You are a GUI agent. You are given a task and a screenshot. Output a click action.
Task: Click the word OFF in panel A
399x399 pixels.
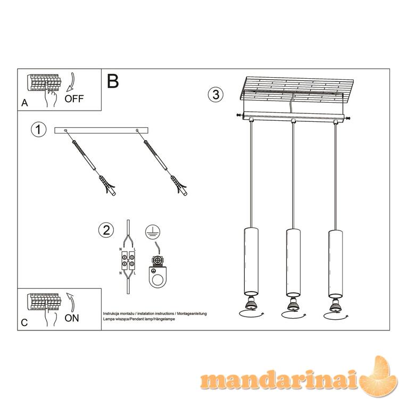(x=74, y=98)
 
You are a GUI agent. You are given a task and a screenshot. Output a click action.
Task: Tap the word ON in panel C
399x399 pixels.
(x=72, y=318)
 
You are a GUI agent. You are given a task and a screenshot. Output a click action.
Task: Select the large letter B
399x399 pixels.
(x=113, y=81)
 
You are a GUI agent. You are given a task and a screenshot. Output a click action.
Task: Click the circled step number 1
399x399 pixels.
(x=38, y=129)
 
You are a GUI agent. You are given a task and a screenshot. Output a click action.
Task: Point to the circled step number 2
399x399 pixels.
(x=106, y=230)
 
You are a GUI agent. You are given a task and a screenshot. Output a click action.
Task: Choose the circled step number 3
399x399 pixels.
(x=215, y=95)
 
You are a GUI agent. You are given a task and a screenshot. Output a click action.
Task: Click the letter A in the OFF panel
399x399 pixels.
(x=24, y=103)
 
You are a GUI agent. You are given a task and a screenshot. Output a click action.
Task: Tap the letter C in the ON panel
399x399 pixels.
(x=24, y=323)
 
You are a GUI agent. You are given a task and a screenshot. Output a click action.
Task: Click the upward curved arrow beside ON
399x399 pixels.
(x=71, y=302)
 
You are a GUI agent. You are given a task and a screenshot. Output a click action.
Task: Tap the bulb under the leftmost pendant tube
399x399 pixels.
(x=251, y=304)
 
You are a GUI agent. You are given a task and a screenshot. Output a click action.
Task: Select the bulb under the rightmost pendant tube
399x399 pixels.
(x=335, y=305)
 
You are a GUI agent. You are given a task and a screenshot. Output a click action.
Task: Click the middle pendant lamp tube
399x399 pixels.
(x=293, y=263)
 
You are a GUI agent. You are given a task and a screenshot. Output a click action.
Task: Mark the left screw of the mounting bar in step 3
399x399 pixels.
(x=239, y=115)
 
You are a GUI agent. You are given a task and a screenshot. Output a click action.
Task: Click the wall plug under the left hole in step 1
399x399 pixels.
(x=107, y=185)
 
